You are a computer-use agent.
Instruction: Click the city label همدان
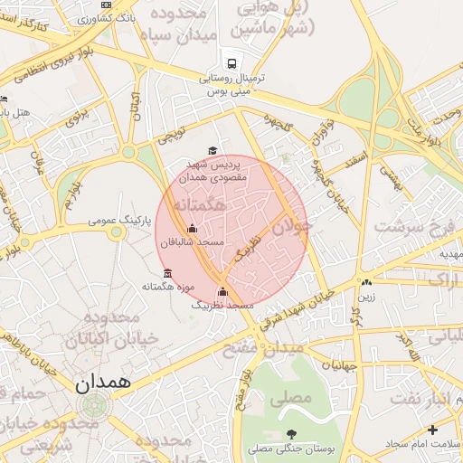[x=103, y=383]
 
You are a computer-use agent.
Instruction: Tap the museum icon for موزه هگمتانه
[x=166, y=273]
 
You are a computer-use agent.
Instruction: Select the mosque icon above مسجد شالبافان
[x=191, y=229]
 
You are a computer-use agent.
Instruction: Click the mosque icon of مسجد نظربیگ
[x=222, y=291]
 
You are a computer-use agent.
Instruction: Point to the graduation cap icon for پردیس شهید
[x=213, y=151]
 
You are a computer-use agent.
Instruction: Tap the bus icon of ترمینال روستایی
[x=233, y=63]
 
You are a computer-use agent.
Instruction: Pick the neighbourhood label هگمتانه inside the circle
[x=198, y=207]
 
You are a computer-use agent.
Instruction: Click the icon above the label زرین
[x=366, y=282]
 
